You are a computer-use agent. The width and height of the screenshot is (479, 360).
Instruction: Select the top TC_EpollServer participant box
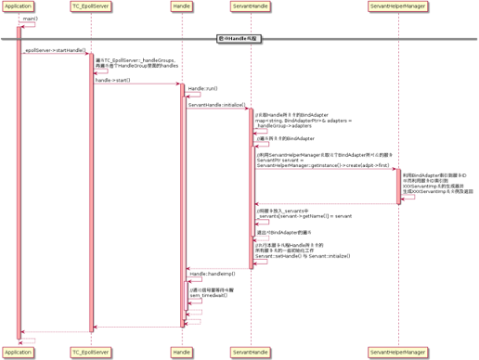click(90, 7)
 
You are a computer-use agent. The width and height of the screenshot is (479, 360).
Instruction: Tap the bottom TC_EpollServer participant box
click(90, 353)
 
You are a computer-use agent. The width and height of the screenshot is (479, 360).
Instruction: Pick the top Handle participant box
click(182, 7)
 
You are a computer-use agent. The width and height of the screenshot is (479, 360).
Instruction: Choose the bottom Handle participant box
click(182, 353)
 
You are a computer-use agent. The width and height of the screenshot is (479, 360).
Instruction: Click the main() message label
click(30, 18)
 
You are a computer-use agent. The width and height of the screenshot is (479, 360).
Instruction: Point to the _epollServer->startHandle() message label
click(54, 50)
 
